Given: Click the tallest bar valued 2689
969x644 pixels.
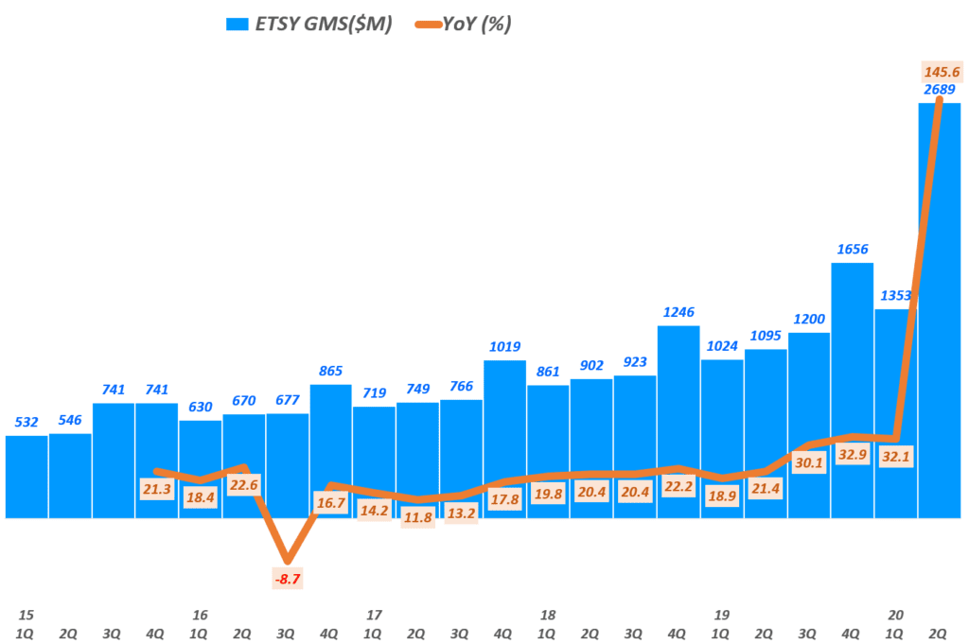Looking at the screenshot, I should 939,312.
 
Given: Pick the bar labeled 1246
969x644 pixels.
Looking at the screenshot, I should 678,397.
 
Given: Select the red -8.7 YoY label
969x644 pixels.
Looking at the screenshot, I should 289,578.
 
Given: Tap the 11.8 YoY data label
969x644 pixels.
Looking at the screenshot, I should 417,516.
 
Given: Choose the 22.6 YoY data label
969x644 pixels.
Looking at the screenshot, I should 243,486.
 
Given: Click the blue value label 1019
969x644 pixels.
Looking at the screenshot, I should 504,346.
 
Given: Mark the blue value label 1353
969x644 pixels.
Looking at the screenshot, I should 894,295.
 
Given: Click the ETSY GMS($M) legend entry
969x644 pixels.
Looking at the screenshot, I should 308,25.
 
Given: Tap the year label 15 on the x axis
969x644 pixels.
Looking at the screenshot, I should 26,614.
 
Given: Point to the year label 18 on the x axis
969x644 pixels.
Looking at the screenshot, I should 547,614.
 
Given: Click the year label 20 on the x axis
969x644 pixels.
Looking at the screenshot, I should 895,614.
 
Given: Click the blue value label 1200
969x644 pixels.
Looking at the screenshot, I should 808,319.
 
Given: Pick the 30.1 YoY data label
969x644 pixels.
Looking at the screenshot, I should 808,462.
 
